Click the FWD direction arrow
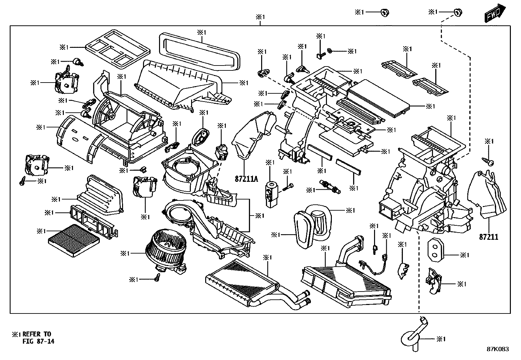pos(495,13)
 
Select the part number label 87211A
pos(246,179)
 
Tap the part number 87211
pos(489,237)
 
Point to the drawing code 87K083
pos(498,349)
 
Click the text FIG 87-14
pos(38,341)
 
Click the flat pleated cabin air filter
pos(74,240)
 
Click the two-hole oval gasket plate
pos(436,250)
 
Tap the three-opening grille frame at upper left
pos(118,49)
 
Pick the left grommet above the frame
pos(385,12)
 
